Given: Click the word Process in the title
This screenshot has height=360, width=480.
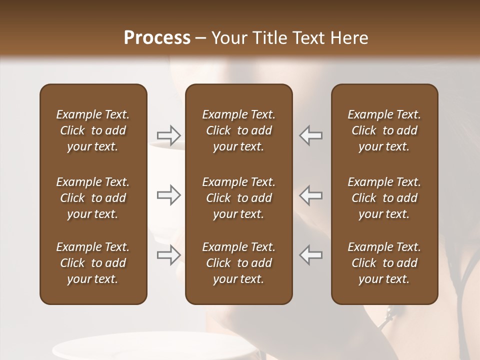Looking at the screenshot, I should [x=157, y=38].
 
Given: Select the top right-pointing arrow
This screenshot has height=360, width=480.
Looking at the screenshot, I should [x=169, y=135].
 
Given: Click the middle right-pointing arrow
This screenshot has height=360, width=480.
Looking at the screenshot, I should [x=169, y=195].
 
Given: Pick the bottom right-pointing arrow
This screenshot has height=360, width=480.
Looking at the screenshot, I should [x=169, y=255].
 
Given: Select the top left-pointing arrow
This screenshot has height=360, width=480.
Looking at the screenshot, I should [x=311, y=135].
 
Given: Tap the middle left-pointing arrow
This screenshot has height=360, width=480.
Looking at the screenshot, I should [x=311, y=195].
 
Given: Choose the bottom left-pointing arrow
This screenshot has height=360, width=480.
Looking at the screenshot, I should [x=311, y=255].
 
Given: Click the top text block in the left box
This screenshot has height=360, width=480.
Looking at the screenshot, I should [x=93, y=130].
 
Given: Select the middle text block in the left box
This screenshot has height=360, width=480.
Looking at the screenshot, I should [x=93, y=198].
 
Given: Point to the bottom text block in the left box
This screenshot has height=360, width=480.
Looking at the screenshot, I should [x=93, y=263].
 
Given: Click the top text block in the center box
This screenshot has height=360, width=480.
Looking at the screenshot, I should [x=239, y=130].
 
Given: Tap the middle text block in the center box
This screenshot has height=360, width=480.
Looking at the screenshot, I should [x=239, y=198].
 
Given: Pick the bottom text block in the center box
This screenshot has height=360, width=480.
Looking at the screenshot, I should [x=239, y=263].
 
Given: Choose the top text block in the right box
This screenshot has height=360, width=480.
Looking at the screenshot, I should [x=384, y=130].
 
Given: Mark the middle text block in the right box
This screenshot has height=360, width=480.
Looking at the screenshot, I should [x=384, y=198].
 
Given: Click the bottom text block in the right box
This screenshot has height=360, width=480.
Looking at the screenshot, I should [x=384, y=263].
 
